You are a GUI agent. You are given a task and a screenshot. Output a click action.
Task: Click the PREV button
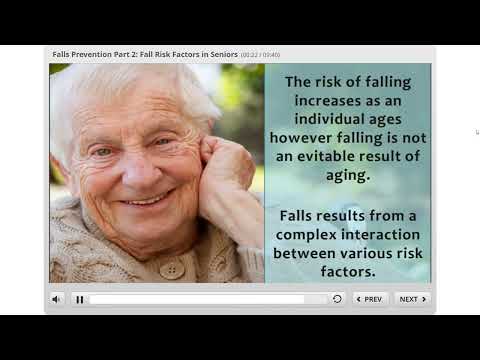pos(371,298)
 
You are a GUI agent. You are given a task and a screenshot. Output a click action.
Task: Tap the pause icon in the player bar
pos(80,299)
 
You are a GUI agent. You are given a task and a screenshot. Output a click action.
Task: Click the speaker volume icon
pos(56,299)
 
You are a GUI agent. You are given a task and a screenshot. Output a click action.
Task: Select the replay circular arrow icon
pos(337,299)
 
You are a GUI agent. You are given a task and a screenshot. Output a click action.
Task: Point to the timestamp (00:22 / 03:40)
pos(260,54)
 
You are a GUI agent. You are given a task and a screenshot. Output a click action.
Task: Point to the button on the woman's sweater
pos(172,270)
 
